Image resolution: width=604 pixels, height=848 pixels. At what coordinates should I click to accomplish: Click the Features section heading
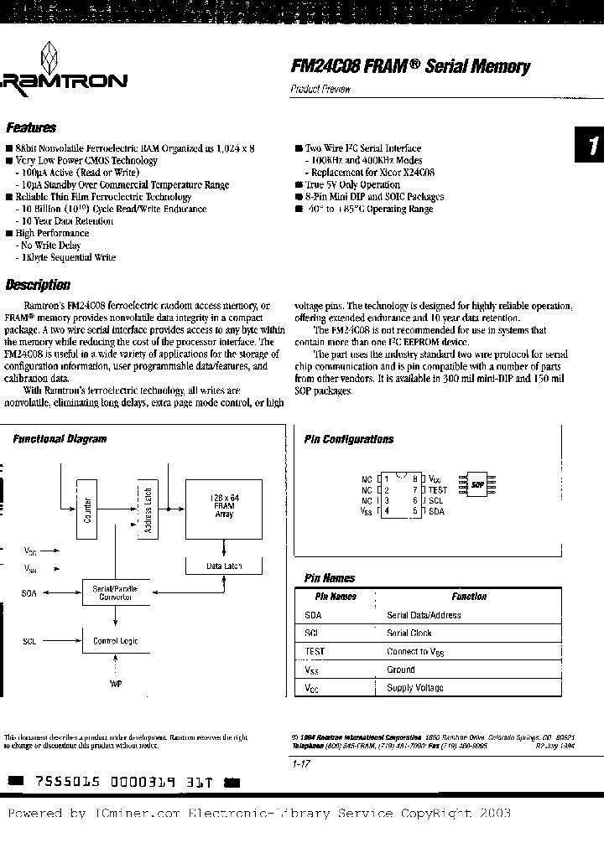pos(30,128)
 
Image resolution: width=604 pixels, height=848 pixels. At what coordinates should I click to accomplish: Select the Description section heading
pos(38,285)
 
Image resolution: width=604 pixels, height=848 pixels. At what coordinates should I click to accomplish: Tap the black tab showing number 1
pos(590,145)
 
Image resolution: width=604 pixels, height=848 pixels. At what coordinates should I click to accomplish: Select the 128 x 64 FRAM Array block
pos(223,506)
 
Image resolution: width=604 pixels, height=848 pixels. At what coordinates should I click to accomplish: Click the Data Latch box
pos(224,566)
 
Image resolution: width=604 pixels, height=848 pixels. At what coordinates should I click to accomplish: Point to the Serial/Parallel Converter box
pos(114,593)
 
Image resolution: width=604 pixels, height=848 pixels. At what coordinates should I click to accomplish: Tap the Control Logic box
pos(115,641)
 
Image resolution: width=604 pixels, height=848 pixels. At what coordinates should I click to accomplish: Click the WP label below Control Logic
pos(116,685)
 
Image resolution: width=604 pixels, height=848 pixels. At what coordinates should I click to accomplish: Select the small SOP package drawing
pos(477,484)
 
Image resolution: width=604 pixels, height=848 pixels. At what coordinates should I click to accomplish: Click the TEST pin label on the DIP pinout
pos(437,489)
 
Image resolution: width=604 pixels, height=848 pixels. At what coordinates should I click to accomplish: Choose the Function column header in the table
pos(468,597)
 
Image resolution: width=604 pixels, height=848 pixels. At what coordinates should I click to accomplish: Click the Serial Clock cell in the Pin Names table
pos(409,633)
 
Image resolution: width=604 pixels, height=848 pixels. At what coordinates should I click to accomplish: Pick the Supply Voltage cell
pos(414,688)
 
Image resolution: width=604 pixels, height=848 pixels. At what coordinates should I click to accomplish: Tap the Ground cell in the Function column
pos(401,670)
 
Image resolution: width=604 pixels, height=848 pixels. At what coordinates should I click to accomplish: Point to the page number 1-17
pos(303,763)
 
